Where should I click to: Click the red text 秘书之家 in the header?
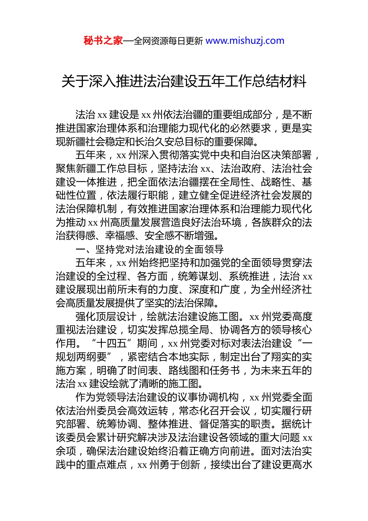tap(103, 41)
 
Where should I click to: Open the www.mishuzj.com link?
tap(245, 41)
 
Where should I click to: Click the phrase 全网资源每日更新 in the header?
tap(168, 41)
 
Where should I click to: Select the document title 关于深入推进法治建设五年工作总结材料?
tap(184, 81)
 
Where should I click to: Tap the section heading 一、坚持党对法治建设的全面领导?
tap(150, 250)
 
